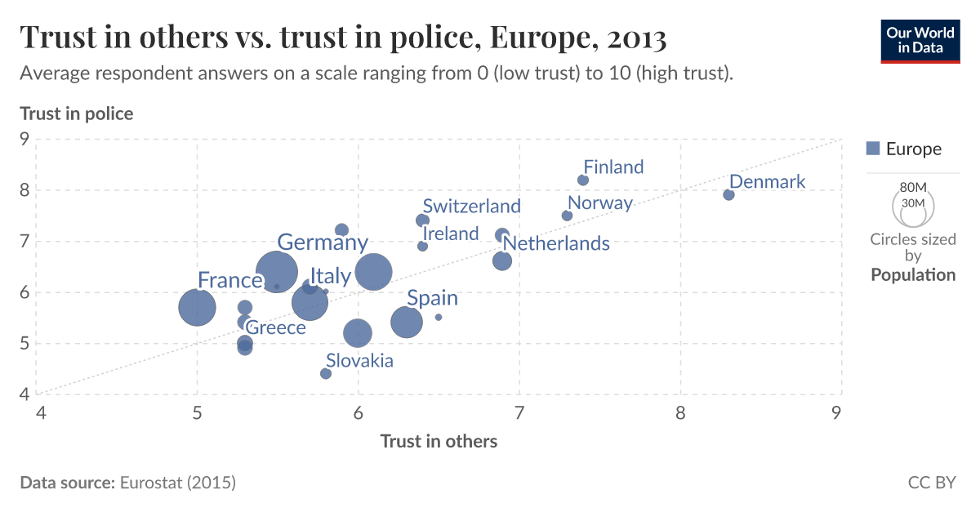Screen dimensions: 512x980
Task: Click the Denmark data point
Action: coord(728,194)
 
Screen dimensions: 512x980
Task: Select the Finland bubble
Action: coord(583,180)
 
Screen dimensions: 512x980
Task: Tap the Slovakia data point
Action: coord(326,373)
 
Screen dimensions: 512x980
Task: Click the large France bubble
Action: coord(197,308)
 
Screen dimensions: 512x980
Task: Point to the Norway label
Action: coord(600,203)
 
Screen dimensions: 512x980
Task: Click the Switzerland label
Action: coord(471,206)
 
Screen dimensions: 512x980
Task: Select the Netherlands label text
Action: coord(555,243)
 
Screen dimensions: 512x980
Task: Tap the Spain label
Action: coord(432,298)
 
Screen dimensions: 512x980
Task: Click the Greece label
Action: coord(275,328)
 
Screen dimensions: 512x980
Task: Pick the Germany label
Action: coord(323,243)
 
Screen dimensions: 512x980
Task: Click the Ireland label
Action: coord(451,234)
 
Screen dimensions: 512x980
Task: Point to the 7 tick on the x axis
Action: coord(519,413)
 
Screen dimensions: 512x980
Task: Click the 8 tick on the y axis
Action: coord(24,190)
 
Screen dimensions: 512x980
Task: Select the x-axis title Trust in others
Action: coord(439,441)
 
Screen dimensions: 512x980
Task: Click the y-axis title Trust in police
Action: coord(76,114)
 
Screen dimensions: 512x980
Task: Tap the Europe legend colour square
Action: coord(872,149)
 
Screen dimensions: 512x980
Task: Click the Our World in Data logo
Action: coord(920,40)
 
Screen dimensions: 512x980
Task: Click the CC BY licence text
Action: coord(931,483)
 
